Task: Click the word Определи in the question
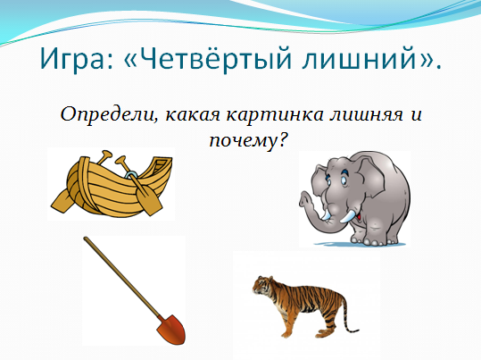(x=108, y=115)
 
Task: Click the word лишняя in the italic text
(x=367, y=115)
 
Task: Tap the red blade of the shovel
(x=171, y=330)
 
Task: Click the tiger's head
(x=260, y=285)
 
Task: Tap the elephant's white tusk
(x=348, y=216)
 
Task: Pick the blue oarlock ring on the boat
(x=131, y=175)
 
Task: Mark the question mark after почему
(x=282, y=140)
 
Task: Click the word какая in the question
(x=193, y=115)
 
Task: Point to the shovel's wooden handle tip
(x=86, y=239)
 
